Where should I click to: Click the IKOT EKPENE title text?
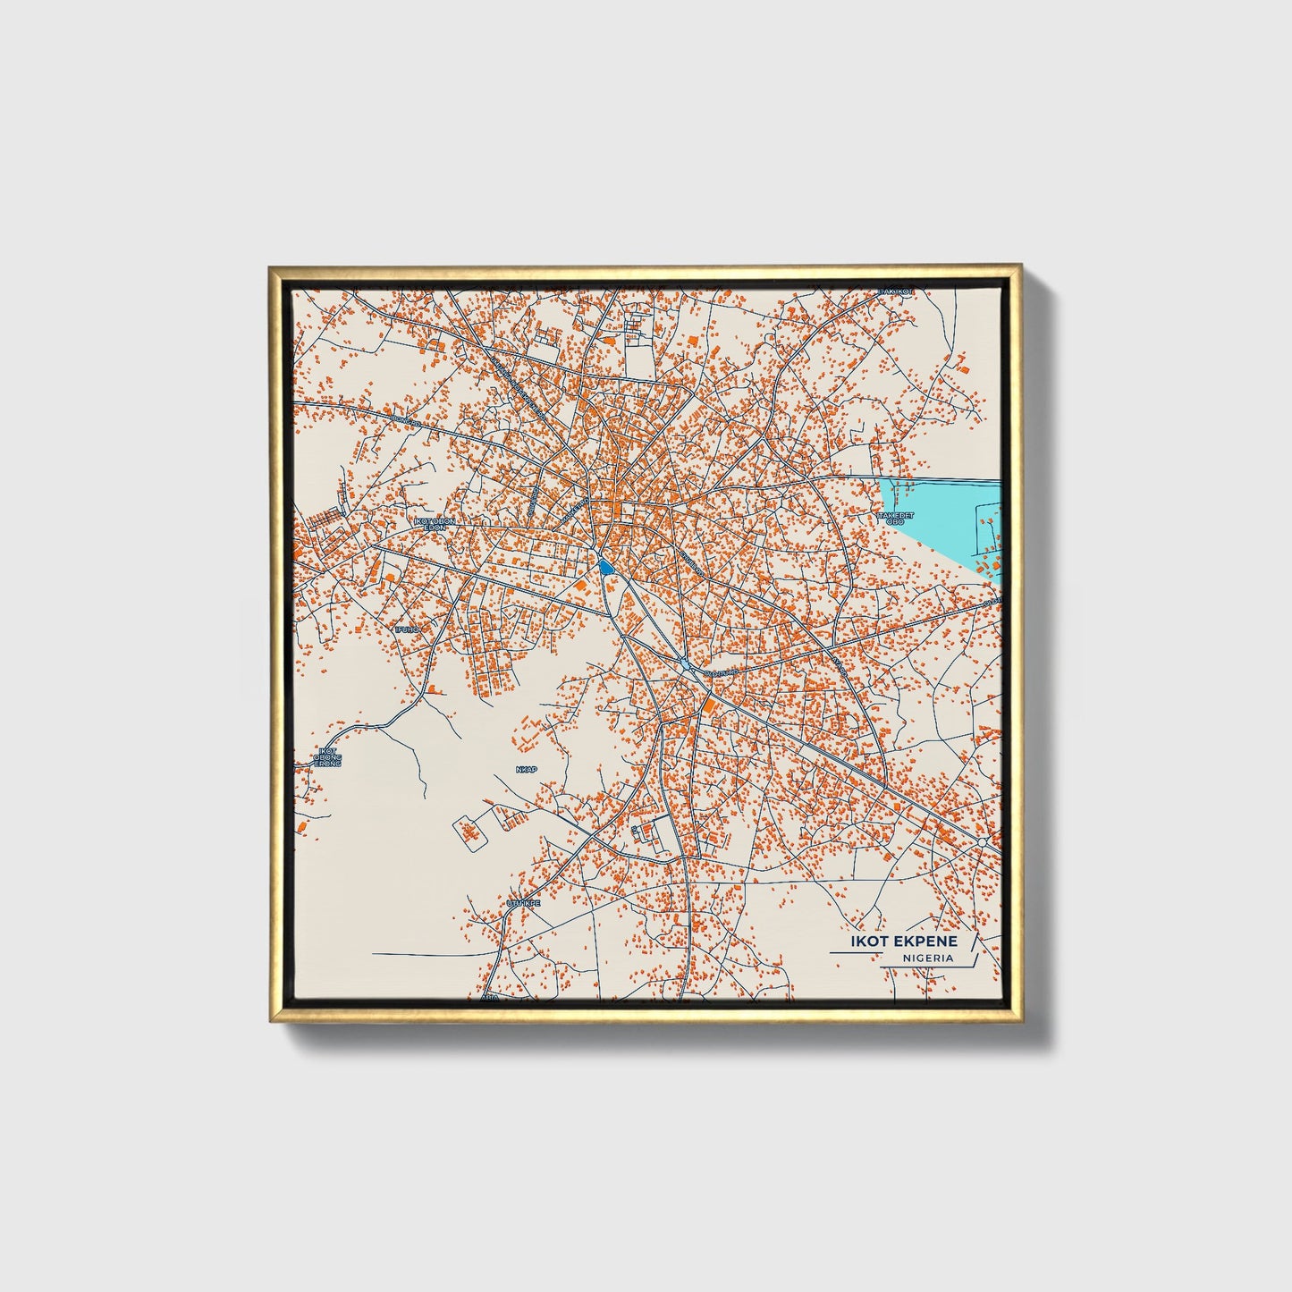[x=904, y=942]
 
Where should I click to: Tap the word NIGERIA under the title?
[x=928, y=958]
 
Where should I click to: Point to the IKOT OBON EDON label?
[x=435, y=524]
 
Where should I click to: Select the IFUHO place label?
[x=407, y=629]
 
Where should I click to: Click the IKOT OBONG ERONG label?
[x=327, y=757]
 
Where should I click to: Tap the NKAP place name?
[x=528, y=768]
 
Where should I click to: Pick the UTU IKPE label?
[x=523, y=904]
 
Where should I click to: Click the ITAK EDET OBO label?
[x=896, y=519]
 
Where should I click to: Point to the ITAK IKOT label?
[x=895, y=291]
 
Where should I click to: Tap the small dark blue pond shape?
[x=605, y=566]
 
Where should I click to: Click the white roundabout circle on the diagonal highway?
[x=983, y=842]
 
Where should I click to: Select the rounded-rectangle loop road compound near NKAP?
[x=470, y=832]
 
